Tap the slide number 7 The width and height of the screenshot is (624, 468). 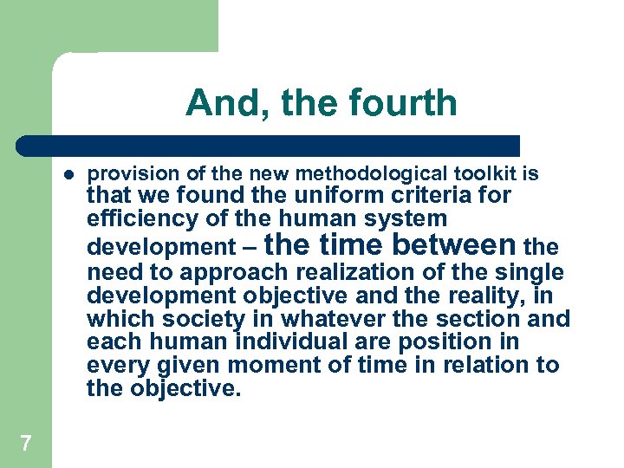[26, 444]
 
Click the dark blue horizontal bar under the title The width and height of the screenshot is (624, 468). [269, 145]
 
